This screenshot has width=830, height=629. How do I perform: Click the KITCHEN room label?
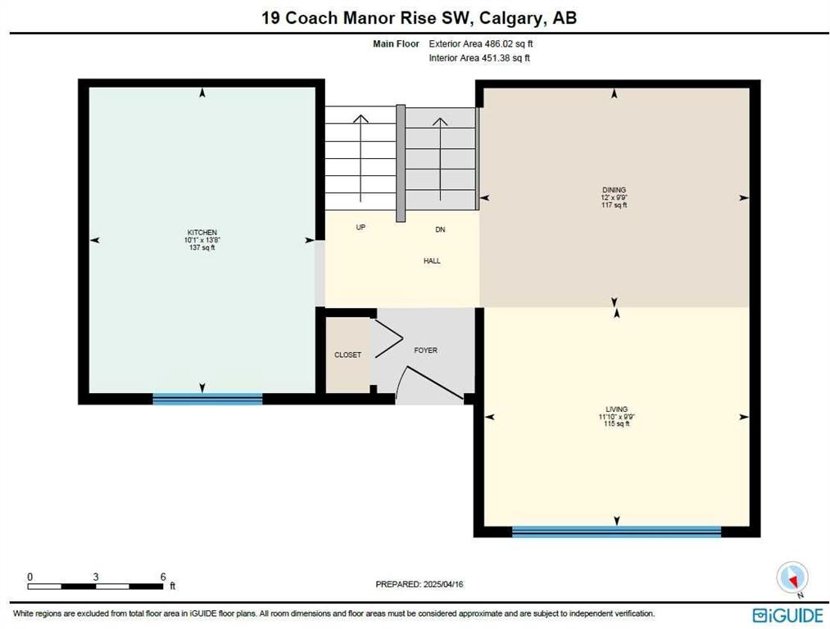[202, 233]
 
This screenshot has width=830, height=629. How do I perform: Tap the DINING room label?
[614, 190]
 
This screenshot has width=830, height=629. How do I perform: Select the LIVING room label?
[617, 409]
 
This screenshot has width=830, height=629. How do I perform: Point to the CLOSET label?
[347, 355]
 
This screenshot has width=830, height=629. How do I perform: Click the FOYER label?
[425, 351]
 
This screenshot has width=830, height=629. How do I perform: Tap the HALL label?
[432, 260]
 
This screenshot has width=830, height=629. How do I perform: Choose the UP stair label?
[361, 228]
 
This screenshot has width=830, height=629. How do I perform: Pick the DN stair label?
[440, 229]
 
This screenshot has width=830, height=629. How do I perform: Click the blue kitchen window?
[207, 400]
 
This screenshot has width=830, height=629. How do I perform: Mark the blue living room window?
[617, 532]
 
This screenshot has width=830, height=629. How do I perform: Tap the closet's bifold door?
[388, 338]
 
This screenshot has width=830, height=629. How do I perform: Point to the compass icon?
[792, 577]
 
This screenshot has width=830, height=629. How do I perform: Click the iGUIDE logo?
[788, 615]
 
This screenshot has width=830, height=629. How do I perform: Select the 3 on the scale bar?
[96, 577]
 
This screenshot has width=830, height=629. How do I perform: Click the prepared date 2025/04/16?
[443, 585]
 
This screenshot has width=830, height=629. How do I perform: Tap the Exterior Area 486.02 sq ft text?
[481, 44]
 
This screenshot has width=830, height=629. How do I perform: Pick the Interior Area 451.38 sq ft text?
[479, 58]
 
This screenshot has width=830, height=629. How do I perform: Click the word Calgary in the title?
[512, 19]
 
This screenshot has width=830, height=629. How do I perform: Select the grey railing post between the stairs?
[401, 164]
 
